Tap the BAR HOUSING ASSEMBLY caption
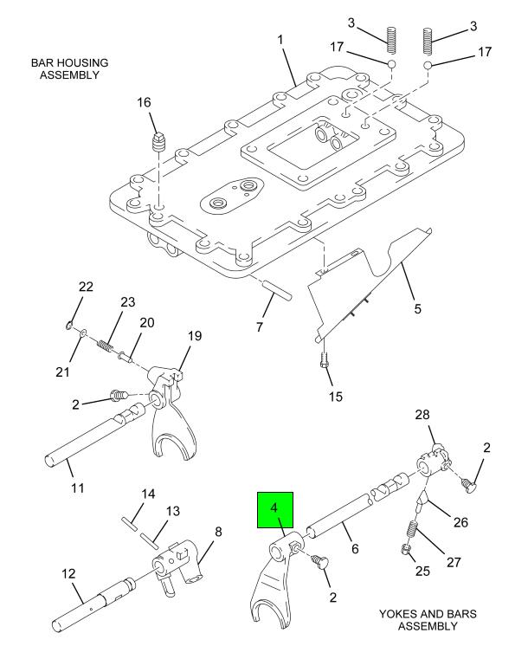65,70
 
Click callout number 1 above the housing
280,40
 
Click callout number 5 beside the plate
417,307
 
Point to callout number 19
195,336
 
